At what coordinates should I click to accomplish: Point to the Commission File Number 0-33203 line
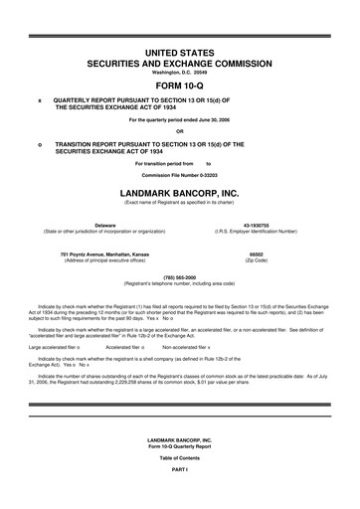coord(180,175)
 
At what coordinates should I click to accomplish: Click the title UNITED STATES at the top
coord(180,50)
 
